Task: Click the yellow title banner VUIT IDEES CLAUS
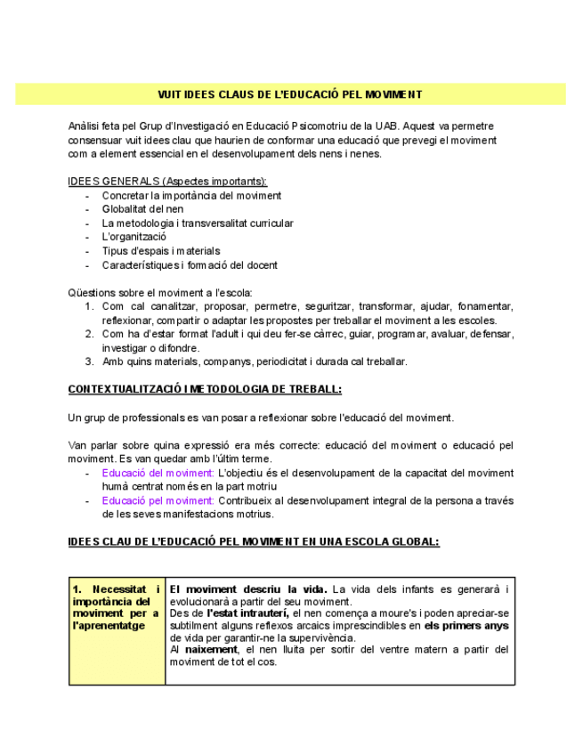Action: click(x=290, y=94)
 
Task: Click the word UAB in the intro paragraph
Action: click(x=384, y=126)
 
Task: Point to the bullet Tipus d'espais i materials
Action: click(x=160, y=251)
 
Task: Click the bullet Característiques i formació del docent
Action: click(x=189, y=265)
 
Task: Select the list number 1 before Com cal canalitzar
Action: click(x=90, y=307)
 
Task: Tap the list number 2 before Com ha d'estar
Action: click(x=90, y=335)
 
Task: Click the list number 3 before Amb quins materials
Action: click(x=90, y=361)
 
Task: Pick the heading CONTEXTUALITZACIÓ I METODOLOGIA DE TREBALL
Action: click(x=205, y=390)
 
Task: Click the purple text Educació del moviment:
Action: click(x=158, y=473)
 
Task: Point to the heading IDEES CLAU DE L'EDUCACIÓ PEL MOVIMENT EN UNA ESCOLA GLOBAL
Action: click(x=254, y=541)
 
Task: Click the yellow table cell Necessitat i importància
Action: click(x=117, y=607)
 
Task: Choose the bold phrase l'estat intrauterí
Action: click(x=247, y=613)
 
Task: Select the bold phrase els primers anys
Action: click(x=466, y=626)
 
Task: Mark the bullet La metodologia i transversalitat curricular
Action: click(x=197, y=223)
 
